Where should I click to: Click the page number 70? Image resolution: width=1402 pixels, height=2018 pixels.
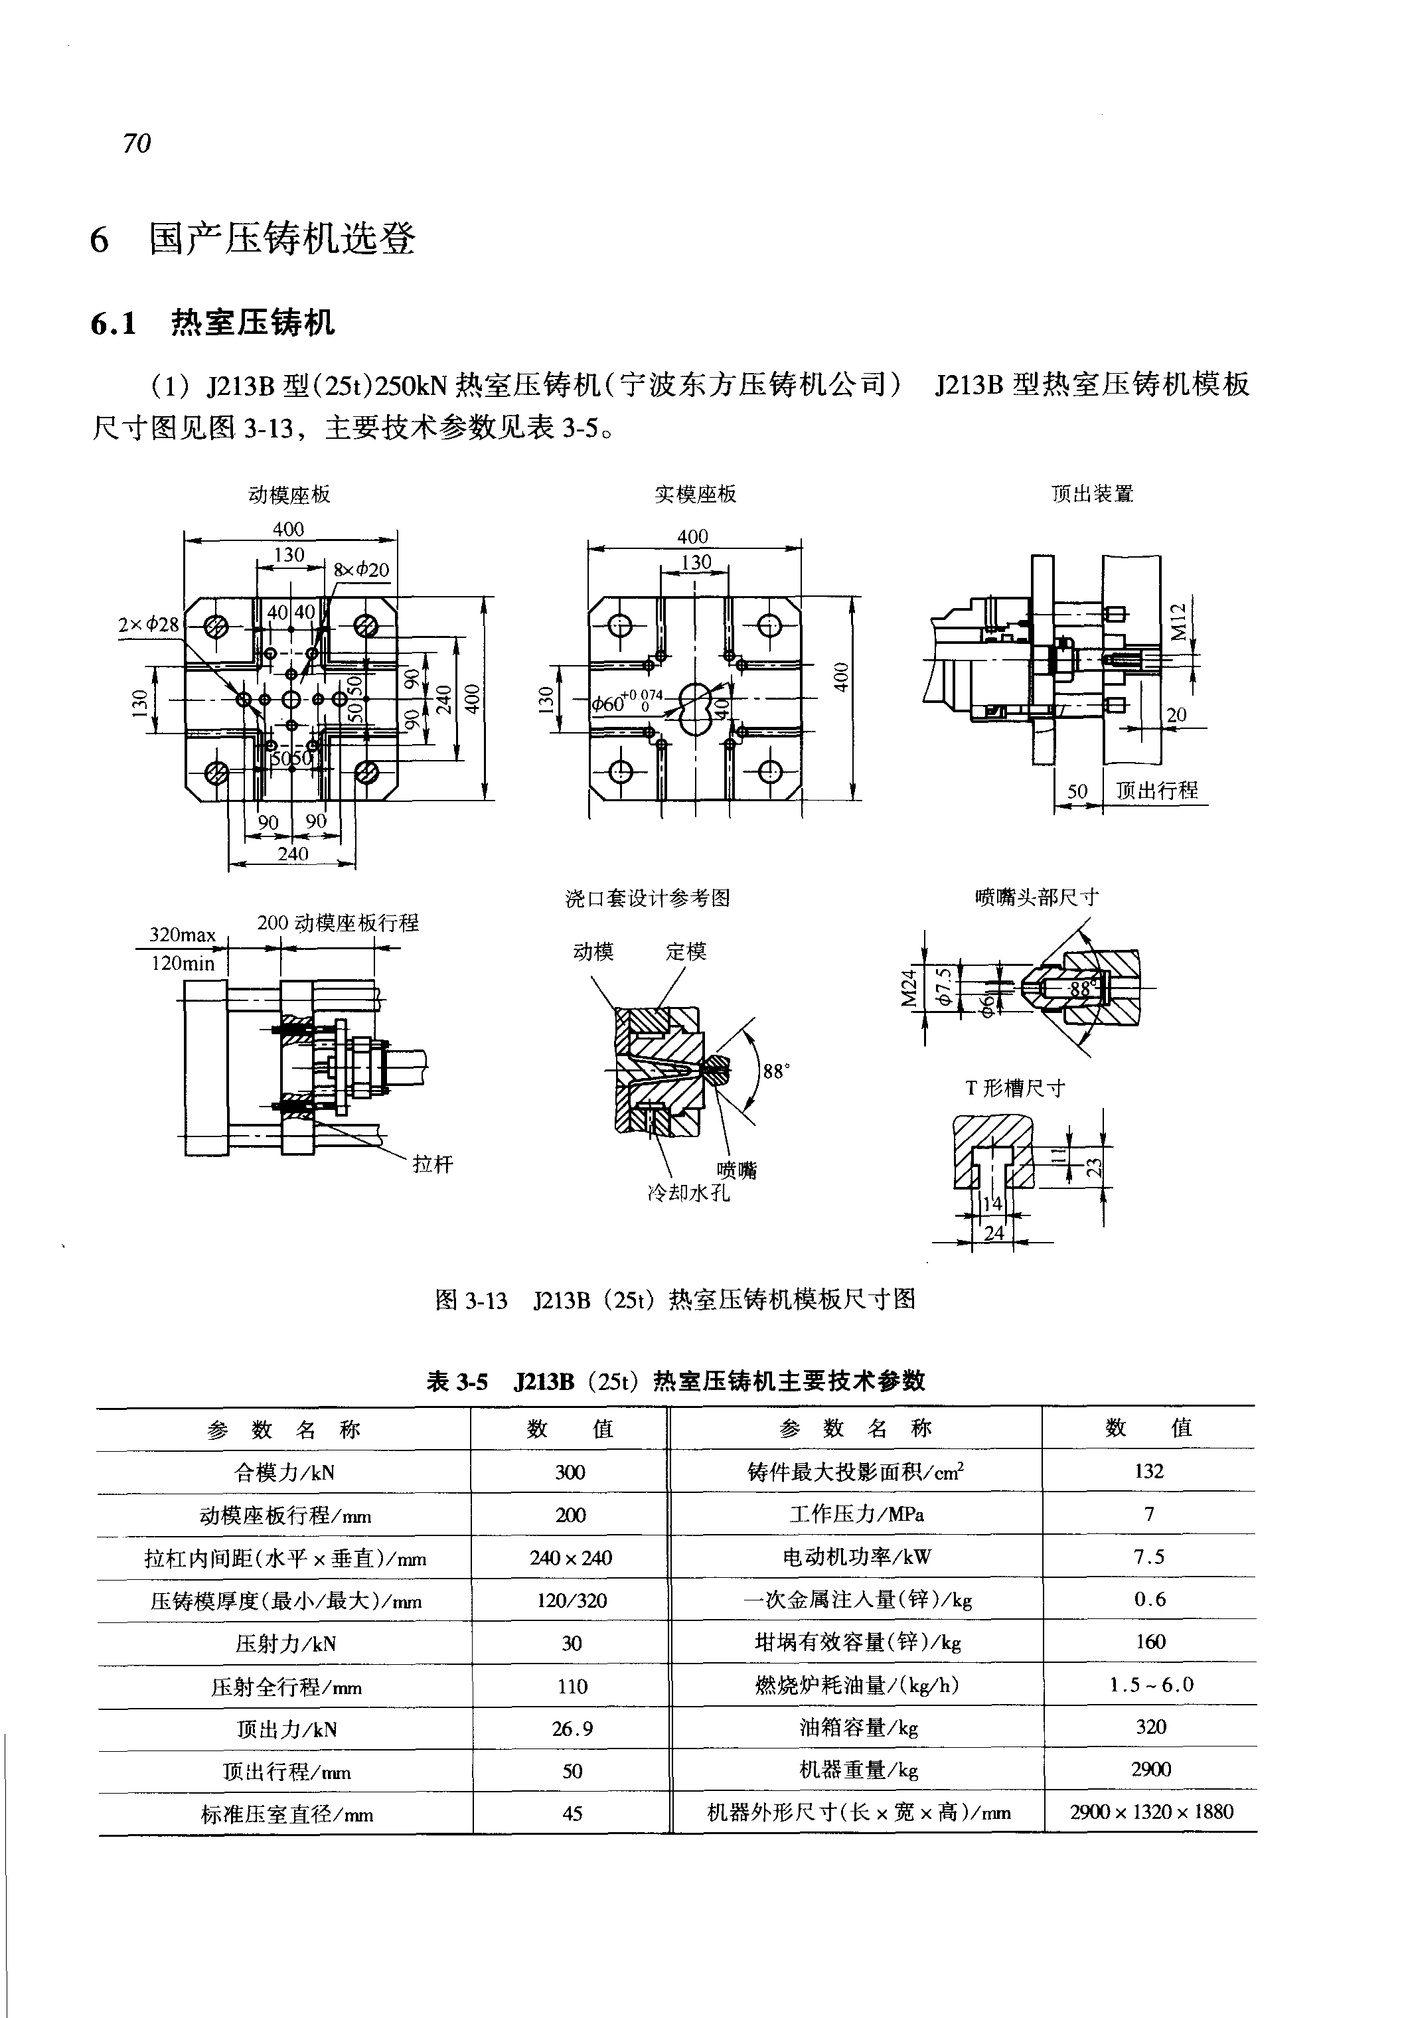(x=137, y=143)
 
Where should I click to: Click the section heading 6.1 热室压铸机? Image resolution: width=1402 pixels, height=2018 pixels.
(x=212, y=323)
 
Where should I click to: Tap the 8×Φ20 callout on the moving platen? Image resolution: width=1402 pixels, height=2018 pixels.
(x=361, y=570)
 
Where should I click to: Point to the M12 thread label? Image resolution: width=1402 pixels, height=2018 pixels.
(x=1179, y=621)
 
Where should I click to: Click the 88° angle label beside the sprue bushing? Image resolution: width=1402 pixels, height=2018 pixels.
(x=775, y=1071)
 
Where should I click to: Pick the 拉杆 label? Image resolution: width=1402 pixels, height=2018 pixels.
(x=433, y=1165)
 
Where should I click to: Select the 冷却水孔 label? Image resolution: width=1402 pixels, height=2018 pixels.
(x=688, y=1193)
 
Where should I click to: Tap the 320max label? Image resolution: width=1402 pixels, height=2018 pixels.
(x=183, y=934)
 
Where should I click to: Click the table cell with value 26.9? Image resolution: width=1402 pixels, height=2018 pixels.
(x=572, y=1729)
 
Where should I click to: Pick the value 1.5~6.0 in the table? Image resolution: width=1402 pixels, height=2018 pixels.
(x=1151, y=1685)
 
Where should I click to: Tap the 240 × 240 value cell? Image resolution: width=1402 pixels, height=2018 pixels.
(x=570, y=1558)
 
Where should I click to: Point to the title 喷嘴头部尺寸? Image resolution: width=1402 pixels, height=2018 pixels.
(x=1037, y=897)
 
